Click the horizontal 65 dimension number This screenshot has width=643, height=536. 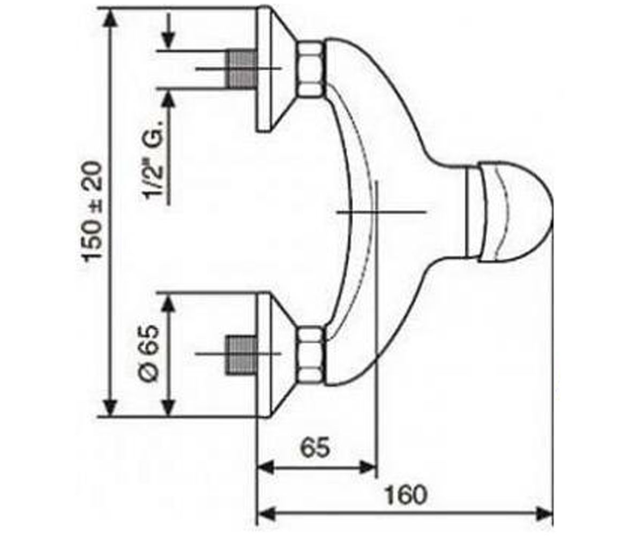point(315,448)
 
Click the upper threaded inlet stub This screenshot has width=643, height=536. point(242,69)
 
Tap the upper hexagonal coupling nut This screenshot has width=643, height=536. point(312,69)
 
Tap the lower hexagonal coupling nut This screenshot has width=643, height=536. point(312,354)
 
